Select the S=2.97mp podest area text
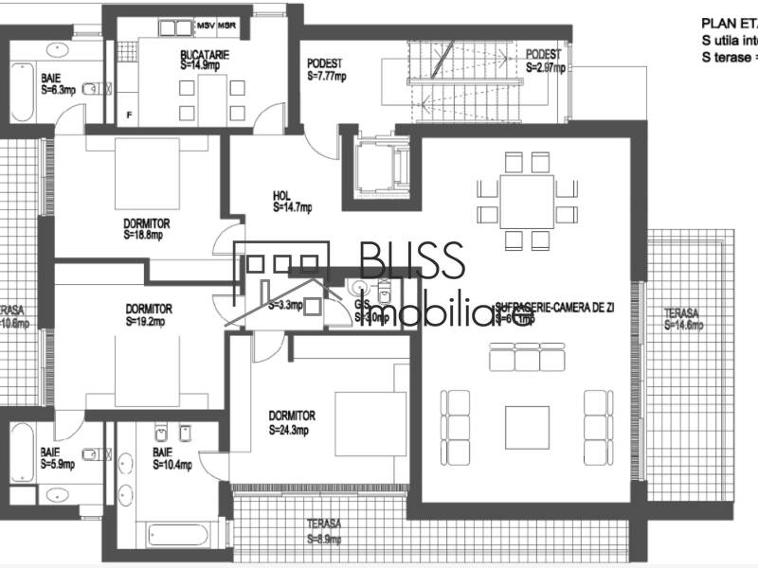point(545,67)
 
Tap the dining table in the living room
point(528,202)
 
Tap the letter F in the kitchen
point(130,115)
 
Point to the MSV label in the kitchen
point(206,23)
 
